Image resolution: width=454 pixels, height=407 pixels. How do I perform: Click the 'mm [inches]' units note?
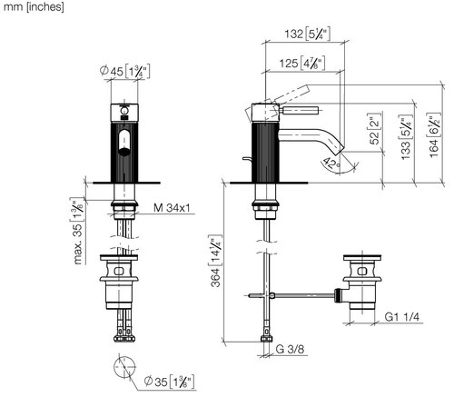34,6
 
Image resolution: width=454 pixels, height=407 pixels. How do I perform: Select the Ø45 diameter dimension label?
124,72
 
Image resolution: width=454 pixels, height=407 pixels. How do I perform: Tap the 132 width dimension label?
307,34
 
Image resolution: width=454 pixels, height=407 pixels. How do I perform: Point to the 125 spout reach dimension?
302,63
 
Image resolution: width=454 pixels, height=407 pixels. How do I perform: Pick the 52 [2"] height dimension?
374,129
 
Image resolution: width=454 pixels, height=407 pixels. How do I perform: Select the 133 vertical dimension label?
406,137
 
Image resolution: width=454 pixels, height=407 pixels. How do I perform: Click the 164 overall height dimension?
434,135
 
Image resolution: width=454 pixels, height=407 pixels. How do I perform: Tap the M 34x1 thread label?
172,208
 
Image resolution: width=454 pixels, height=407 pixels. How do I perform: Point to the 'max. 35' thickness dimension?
77,231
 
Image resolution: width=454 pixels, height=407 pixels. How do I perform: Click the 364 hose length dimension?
216,261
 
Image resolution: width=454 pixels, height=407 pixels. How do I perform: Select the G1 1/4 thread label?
402,317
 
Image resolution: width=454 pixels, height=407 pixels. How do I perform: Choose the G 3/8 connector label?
290,349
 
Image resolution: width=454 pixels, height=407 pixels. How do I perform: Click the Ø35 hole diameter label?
169,382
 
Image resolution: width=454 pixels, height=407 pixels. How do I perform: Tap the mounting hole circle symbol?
124,367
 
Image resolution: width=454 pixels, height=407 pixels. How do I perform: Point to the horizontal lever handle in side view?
299,111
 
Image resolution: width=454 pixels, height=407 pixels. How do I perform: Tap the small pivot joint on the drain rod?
272,295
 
